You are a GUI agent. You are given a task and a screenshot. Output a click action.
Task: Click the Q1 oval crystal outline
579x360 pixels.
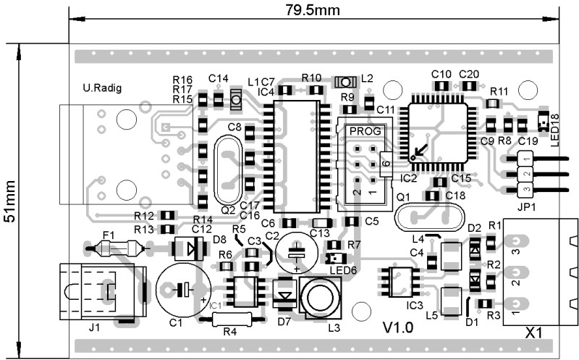pos(428,218)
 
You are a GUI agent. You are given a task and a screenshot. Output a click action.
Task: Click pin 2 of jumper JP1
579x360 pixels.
pos(525,174)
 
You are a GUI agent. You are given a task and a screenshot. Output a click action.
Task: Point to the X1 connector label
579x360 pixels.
pos(534,335)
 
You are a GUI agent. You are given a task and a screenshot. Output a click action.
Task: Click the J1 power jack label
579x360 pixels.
pos(93,327)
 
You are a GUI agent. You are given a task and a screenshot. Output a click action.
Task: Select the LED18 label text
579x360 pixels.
pos(556,130)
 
